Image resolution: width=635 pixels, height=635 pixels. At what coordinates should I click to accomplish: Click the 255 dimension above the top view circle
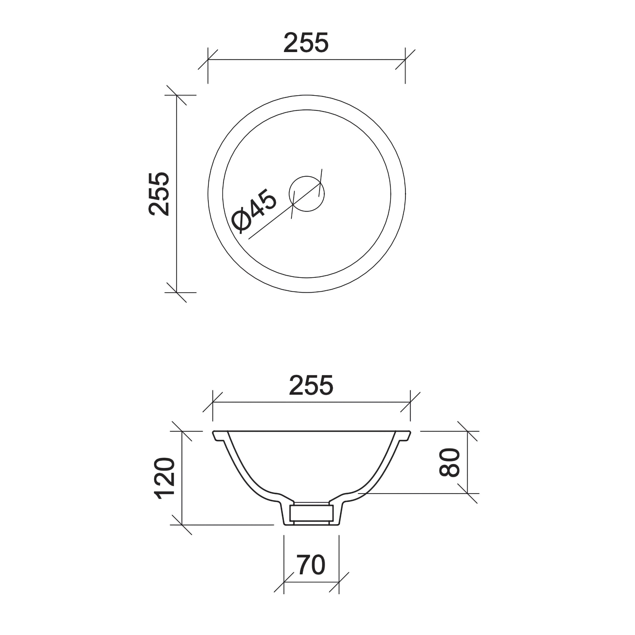click(306, 43)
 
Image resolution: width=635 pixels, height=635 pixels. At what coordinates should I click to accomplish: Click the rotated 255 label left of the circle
click(159, 194)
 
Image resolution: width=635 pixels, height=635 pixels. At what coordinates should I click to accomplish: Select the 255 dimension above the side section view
click(311, 385)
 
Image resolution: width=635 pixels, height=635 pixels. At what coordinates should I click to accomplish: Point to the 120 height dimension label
click(164, 478)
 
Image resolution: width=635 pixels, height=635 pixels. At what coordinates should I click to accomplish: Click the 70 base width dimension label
click(311, 565)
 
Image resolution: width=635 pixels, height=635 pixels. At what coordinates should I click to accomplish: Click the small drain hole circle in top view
click(307, 193)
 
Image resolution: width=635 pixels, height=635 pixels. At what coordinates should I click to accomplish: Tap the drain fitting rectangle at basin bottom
click(311, 513)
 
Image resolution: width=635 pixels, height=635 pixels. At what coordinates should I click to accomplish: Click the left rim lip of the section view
click(217, 436)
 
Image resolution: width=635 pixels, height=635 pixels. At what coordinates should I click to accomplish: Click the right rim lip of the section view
click(406, 436)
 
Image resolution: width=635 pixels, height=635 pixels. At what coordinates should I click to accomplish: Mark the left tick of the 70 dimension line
click(284, 582)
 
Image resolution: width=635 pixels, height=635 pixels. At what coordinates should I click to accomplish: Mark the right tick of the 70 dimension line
click(339, 582)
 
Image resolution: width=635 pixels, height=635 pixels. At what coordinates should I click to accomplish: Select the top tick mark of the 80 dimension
click(467, 431)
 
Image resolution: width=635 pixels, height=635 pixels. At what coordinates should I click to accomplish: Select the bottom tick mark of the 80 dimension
click(467, 494)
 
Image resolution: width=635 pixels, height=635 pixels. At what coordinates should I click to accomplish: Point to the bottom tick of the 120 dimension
click(182, 525)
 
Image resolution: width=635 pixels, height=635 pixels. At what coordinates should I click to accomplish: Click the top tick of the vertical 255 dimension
click(176, 95)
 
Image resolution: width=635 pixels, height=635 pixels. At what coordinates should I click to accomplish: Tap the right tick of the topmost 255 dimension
click(405, 60)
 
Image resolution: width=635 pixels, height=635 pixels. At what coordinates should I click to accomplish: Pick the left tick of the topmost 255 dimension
click(208, 60)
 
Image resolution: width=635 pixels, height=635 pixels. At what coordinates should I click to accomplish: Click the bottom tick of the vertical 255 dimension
click(176, 292)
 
